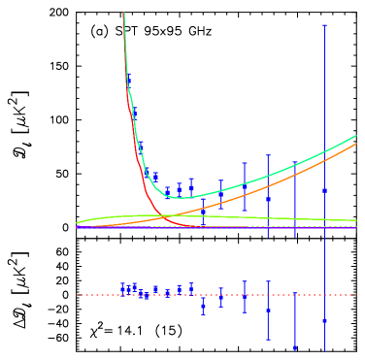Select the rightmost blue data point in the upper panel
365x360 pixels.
coord(324,190)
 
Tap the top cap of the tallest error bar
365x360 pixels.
coord(324,26)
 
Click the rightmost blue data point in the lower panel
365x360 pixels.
coord(324,320)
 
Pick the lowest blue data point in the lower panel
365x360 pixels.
coord(295,346)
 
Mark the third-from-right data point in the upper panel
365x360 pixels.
coord(268,198)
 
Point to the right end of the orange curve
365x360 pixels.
coord(356,144)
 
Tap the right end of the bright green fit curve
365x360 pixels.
coord(356,136)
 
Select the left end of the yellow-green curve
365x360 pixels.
coord(77,224)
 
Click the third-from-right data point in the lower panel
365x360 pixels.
coord(268,310)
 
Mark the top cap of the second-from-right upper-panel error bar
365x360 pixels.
coord(295,162)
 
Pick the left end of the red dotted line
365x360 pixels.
coord(77,295)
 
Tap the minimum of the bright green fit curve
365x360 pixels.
coord(181,198)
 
